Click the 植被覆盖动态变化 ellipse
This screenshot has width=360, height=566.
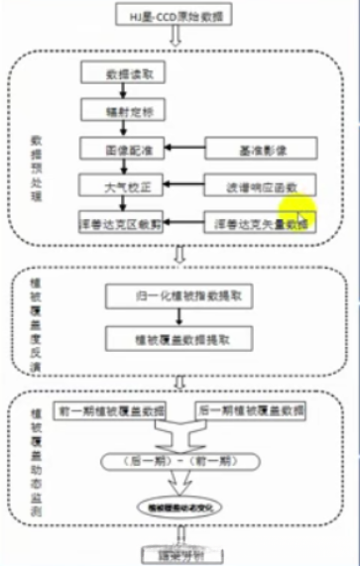(180, 507)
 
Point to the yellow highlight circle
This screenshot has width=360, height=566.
(298, 210)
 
